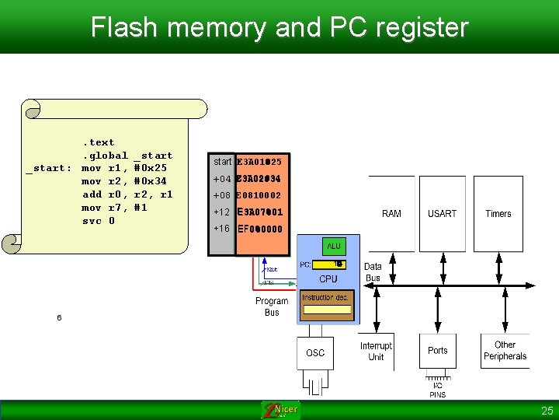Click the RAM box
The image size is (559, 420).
coord(391,214)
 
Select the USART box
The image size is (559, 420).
coord(442,214)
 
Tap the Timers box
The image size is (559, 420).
coord(498,214)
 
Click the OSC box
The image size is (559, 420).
coord(315,353)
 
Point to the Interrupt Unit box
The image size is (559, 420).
coord(376,352)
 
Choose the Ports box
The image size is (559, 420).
coord(438,351)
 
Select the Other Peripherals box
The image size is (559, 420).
coord(505,351)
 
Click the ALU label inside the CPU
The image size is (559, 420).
coord(334,247)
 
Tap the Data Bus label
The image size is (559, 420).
coord(373,272)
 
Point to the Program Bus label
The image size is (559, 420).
coord(272,306)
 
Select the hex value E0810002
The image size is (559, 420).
coord(259,195)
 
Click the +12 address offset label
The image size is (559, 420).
coord(222,212)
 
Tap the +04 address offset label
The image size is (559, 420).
coord(222,179)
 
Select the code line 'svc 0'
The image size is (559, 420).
coord(99,221)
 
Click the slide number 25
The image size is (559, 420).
coord(547,411)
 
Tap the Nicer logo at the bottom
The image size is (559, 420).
coord(280,410)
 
